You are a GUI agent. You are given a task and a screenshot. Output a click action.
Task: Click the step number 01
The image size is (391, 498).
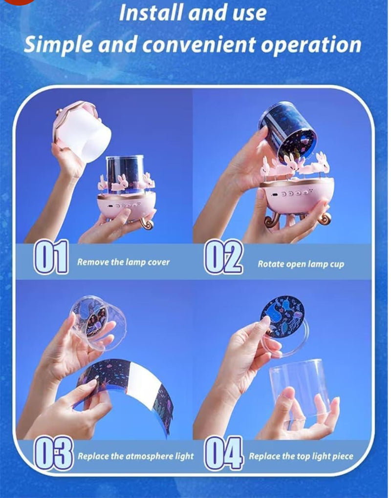(51, 257)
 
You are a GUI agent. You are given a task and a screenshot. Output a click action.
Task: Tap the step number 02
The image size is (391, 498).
(223, 257)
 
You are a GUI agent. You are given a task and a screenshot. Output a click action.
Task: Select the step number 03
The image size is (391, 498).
(54, 453)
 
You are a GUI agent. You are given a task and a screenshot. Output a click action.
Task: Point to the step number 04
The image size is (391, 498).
(224, 453)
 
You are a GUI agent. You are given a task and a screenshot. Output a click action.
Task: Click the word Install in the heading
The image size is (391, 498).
(150, 13)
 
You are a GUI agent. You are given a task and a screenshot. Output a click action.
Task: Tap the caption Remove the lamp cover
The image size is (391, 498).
(123, 262)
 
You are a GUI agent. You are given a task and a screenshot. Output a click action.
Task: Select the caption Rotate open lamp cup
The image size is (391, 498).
(301, 264)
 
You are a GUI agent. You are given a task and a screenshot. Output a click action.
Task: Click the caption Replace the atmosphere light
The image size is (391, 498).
(136, 456)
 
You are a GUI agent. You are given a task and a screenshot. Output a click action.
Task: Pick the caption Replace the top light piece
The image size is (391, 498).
(301, 456)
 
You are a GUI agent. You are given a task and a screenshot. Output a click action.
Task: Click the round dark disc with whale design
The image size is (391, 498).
(282, 316)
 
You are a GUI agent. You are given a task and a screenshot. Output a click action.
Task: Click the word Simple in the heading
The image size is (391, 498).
(58, 45)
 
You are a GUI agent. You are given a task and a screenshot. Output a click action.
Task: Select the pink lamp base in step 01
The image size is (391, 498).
(127, 206)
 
